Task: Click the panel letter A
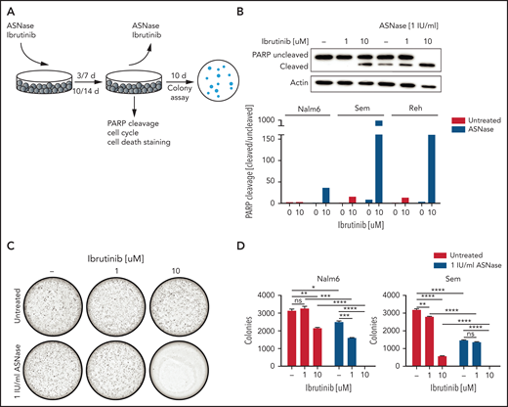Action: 8,9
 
